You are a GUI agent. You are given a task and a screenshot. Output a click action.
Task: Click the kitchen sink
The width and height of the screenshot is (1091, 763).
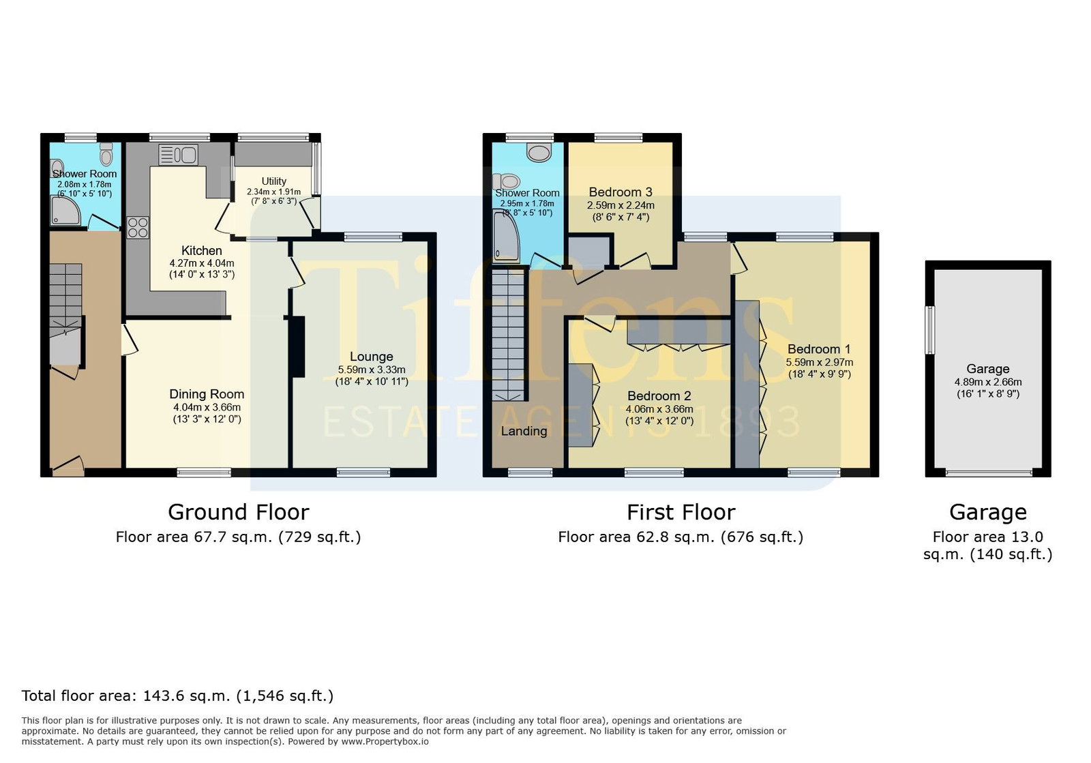[x=178, y=155]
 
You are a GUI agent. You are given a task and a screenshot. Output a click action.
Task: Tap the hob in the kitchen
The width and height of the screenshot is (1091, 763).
[x=138, y=228]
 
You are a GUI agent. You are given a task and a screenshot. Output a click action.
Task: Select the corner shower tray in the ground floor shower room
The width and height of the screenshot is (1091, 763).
[x=65, y=211]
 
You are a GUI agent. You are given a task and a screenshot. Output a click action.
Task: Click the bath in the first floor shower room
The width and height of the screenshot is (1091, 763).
[x=506, y=236]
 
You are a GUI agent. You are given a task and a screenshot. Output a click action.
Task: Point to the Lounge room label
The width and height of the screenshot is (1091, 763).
[x=371, y=357]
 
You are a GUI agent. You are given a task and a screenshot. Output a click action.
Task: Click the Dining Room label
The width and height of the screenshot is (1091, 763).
[x=207, y=394]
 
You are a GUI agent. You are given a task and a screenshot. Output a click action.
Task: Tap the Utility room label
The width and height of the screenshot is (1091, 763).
[x=273, y=181]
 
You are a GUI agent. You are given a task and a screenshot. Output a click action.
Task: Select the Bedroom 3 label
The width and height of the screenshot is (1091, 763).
[x=621, y=192]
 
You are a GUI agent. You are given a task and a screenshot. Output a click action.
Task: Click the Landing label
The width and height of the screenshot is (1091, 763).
[x=524, y=431]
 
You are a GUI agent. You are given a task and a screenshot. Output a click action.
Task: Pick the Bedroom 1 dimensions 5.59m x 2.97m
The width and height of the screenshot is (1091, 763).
[x=819, y=362]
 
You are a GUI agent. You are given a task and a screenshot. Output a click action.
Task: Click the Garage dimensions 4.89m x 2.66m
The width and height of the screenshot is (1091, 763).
[x=988, y=383]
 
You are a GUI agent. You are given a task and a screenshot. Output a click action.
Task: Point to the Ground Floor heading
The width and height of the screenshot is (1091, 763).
[x=239, y=512]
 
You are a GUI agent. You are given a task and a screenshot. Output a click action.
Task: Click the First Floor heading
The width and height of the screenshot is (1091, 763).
[x=681, y=512]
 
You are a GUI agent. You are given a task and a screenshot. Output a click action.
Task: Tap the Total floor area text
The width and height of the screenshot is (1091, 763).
[x=177, y=695]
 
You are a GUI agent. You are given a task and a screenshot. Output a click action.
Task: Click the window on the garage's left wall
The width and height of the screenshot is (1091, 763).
[x=930, y=330]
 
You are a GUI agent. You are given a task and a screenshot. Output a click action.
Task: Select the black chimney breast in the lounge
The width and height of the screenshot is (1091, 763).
[x=297, y=346]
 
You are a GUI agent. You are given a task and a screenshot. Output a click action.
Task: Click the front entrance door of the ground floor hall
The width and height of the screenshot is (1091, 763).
[x=68, y=465]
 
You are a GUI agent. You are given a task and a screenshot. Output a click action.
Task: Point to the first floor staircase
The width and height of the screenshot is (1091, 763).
[x=509, y=335]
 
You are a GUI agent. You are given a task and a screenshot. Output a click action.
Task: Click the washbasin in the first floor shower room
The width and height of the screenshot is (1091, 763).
[x=539, y=153]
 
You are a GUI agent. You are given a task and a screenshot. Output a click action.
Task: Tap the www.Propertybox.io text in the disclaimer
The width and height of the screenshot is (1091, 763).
[x=385, y=742]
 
